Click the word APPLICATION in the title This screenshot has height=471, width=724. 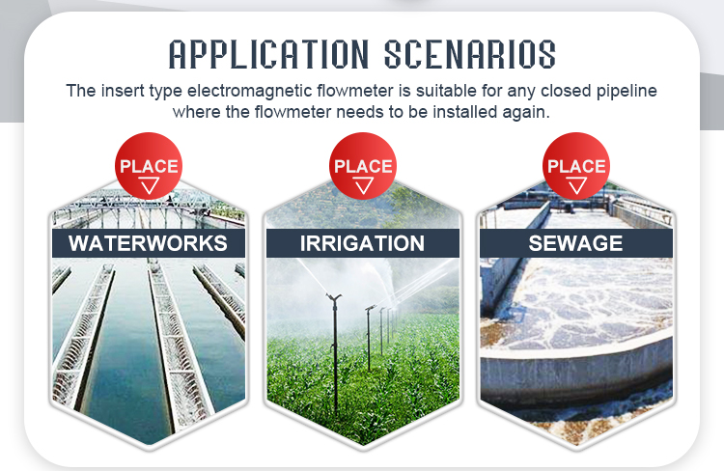(268, 54)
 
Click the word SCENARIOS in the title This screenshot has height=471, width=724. (470, 54)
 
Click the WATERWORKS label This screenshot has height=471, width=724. (148, 243)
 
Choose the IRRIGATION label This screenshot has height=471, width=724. (362, 243)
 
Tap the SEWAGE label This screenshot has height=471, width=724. (575, 243)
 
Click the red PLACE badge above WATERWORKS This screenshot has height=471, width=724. (149, 166)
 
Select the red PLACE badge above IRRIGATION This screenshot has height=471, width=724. (362, 166)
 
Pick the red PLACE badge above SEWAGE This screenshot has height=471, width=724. (576, 166)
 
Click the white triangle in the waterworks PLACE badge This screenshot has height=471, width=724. (149, 185)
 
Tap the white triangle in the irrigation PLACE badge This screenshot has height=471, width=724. (363, 185)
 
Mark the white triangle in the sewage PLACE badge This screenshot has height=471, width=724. (577, 185)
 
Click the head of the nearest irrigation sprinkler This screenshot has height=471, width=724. (333, 297)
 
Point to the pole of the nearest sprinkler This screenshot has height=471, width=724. (335, 355)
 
